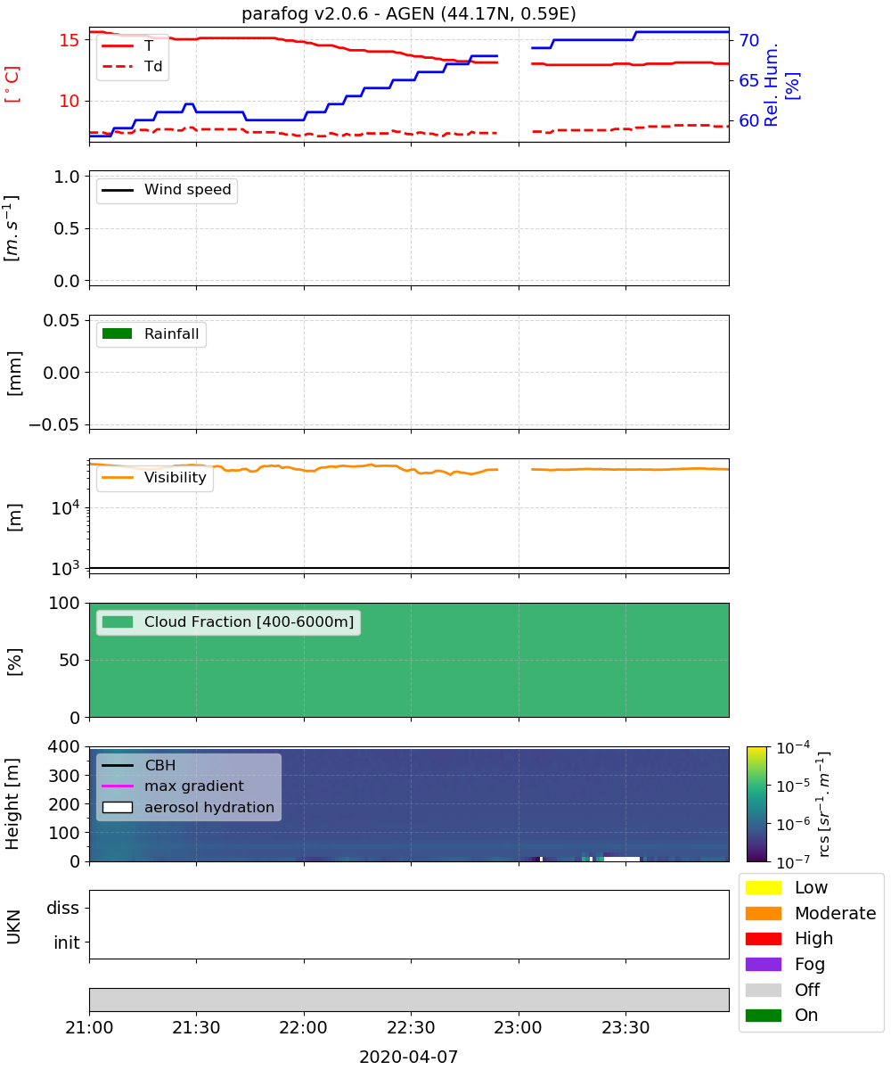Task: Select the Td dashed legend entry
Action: click(132, 66)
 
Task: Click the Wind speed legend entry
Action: click(167, 190)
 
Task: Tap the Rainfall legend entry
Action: click(151, 333)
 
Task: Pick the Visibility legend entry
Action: click(154, 477)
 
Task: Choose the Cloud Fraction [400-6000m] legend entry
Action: click(228, 621)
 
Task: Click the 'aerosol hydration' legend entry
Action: click(188, 807)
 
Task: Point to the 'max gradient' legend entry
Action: click(173, 786)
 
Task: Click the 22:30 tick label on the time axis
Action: click(411, 1027)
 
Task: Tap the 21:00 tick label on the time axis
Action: click(89, 1027)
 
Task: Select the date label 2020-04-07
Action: click(408, 1057)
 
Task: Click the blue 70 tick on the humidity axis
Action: click(748, 40)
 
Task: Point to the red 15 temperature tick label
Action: click(69, 40)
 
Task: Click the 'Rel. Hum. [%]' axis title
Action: click(781, 85)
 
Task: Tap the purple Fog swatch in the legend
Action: click(763, 964)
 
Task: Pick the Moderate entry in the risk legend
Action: click(811, 913)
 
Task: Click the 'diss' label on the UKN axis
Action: click(62, 908)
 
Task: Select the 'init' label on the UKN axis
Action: click(67, 942)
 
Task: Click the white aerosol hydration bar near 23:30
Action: click(622, 859)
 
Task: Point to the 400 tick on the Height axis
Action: click(63, 746)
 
